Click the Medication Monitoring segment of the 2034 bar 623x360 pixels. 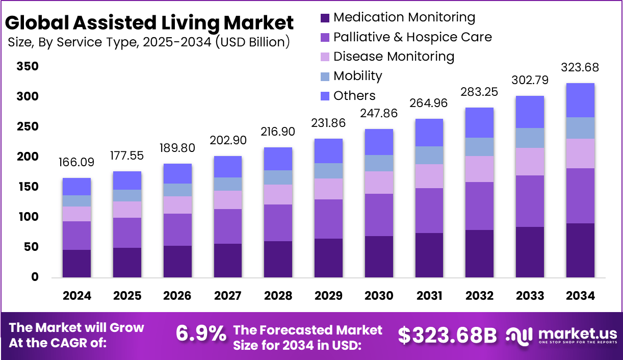[x=580, y=250]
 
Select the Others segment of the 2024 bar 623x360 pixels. [x=76, y=187]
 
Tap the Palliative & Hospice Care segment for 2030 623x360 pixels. [x=379, y=215]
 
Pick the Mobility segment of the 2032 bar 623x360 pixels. [x=479, y=147]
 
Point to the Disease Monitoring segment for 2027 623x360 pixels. [x=227, y=200]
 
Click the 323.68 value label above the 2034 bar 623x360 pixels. [x=580, y=68]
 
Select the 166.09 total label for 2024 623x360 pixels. [x=76, y=163]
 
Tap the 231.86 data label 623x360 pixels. [x=328, y=123]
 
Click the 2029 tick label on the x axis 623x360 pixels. [x=328, y=296]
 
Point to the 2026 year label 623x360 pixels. [x=177, y=296]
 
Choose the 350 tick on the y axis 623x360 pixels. [x=27, y=67]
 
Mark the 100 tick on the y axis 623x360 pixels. [x=27, y=217]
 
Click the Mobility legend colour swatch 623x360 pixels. [x=325, y=76]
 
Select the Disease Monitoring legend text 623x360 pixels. [x=394, y=56]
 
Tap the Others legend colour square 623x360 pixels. [x=325, y=96]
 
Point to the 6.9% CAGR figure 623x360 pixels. [x=201, y=334]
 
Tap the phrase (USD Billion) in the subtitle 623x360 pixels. [x=252, y=42]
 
